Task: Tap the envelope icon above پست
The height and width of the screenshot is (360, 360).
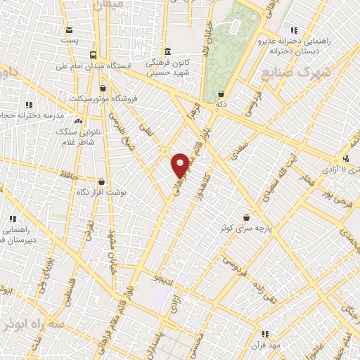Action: tap(69, 30)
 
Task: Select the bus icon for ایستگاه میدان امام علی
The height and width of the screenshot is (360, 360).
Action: tap(94, 55)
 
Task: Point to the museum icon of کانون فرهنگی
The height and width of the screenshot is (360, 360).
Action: tap(167, 51)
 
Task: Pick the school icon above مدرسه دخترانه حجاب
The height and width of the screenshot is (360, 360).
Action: tap(28, 103)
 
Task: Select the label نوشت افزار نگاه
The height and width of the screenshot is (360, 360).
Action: tap(101, 191)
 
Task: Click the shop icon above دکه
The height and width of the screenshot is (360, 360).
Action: tap(221, 93)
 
